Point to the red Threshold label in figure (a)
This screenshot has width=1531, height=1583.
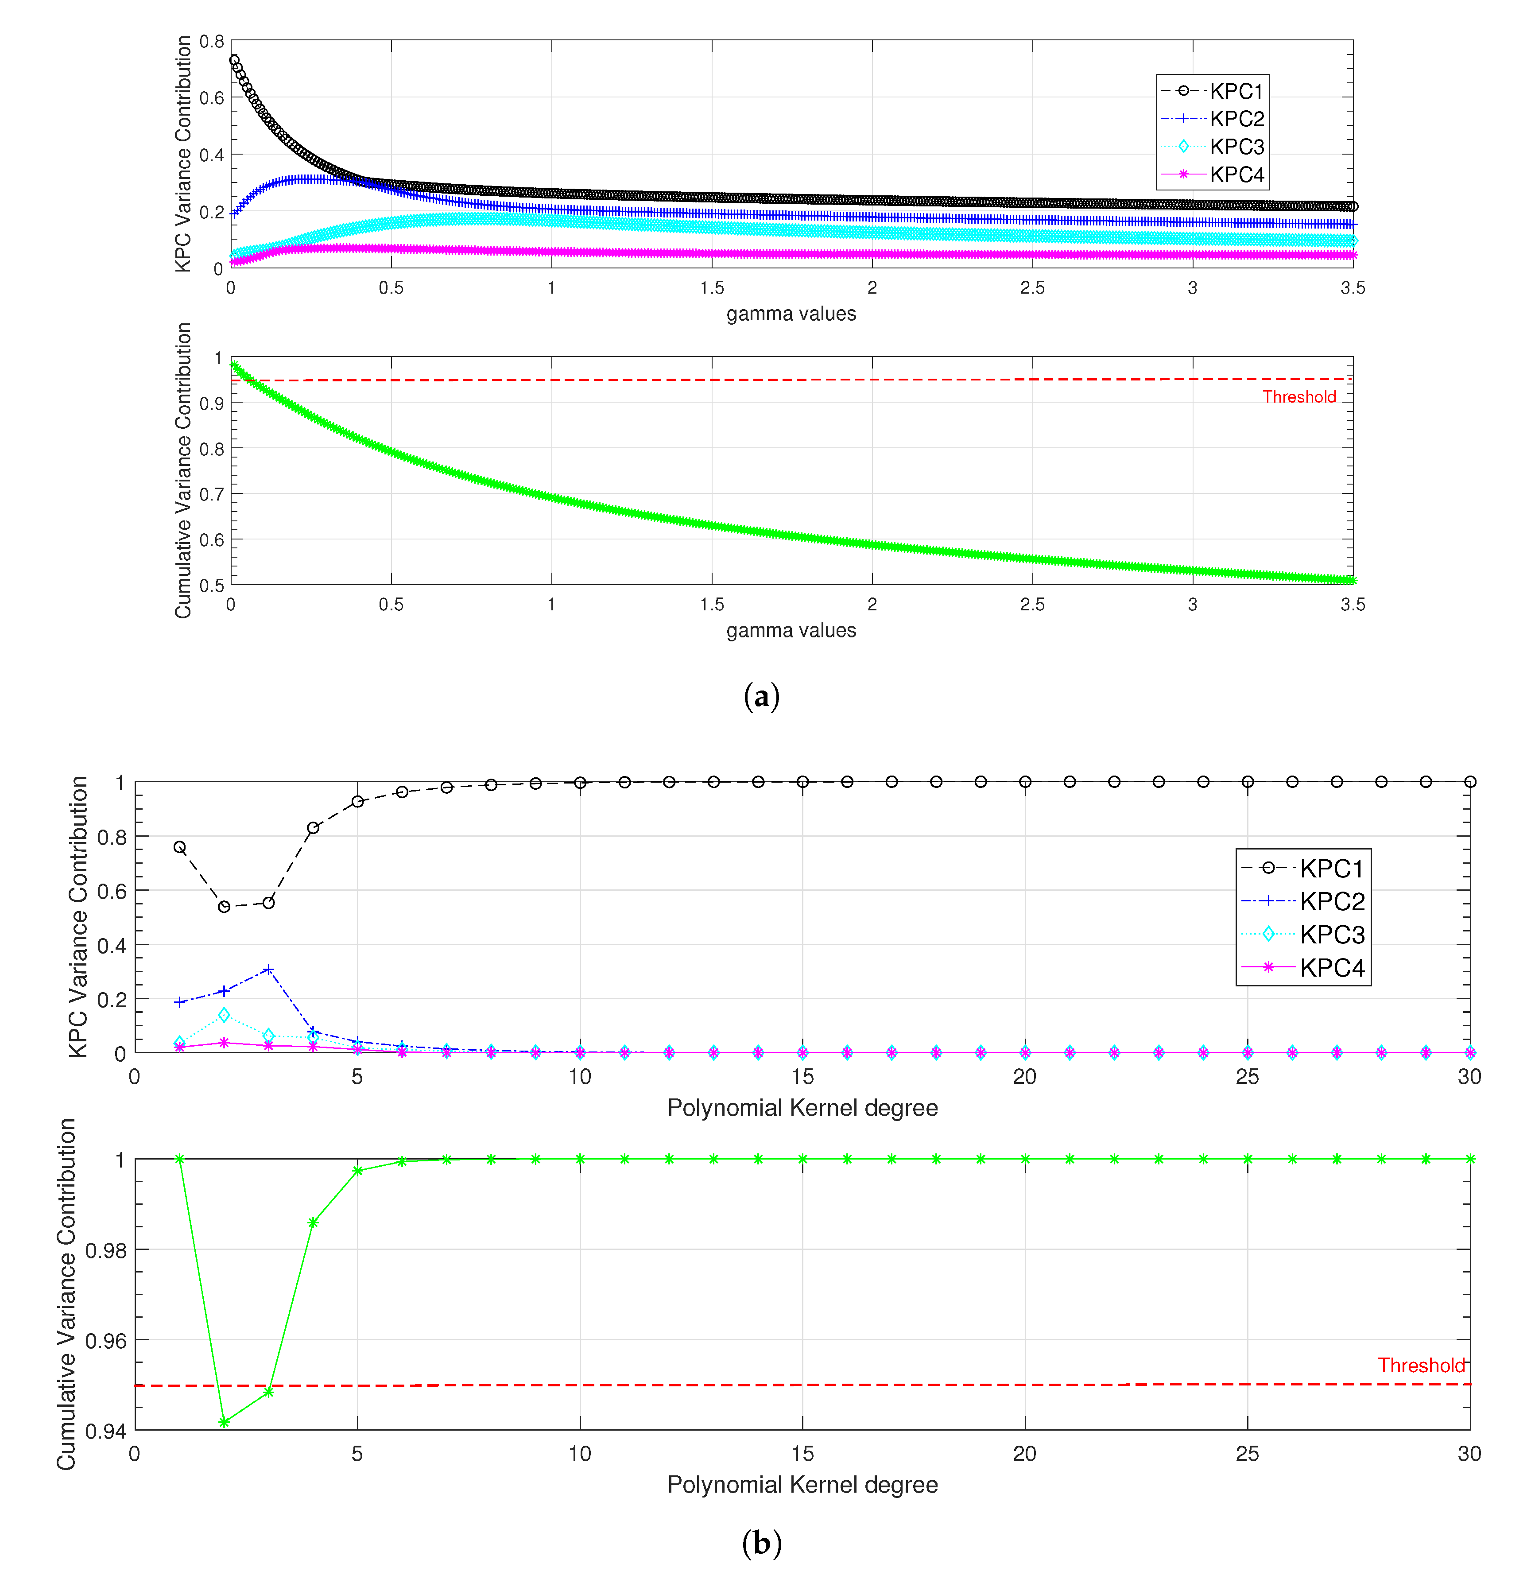[x=1298, y=396]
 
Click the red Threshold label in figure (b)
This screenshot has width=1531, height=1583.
[x=1420, y=1365]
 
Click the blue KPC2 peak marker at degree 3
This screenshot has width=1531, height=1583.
[x=269, y=969]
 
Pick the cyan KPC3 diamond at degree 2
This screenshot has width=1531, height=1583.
[x=225, y=1014]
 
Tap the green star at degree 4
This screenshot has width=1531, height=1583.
[x=313, y=1223]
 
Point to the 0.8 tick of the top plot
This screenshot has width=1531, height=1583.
[x=212, y=41]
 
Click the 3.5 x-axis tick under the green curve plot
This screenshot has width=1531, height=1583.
[x=1353, y=604]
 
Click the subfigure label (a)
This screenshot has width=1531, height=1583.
[x=761, y=696]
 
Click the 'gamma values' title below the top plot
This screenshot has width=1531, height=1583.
[x=791, y=314]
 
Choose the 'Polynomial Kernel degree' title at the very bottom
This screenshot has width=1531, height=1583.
[x=802, y=1485]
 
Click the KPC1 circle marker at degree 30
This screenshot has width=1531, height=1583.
[x=1469, y=782]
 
